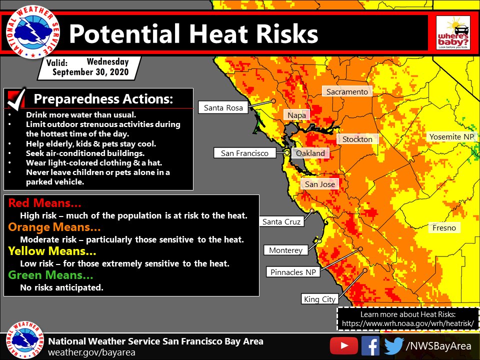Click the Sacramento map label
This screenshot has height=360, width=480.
click(347, 91)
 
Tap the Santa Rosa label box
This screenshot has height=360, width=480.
click(223, 107)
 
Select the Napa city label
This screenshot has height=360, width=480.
click(297, 115)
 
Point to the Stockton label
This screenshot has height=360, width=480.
click(357, 139)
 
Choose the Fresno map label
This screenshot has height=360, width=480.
click(444, 227)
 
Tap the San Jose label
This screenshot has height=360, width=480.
click(319, 184)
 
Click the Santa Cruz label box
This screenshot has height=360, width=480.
click(281, 221)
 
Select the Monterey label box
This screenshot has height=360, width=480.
click(285, 250)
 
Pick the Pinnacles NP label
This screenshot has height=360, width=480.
click(293, 272)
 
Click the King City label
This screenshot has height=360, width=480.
click(319, 299)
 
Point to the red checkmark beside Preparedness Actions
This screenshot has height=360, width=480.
click(16, 98)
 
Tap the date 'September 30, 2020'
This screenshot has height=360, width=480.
click(90, 72)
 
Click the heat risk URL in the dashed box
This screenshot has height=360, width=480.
click(407, 324)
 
